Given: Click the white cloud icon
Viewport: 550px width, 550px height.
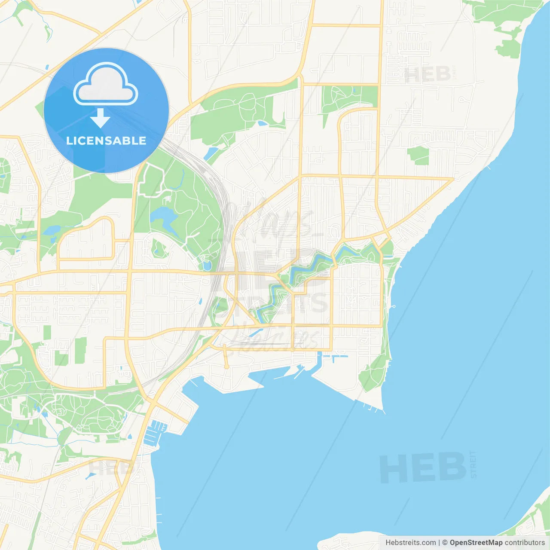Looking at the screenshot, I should point(105,85).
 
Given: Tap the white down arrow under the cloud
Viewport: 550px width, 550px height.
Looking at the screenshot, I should point(101,118).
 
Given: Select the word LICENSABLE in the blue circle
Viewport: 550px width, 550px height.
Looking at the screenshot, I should point(106,141).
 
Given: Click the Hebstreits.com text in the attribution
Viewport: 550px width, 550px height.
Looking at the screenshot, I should point(410,543).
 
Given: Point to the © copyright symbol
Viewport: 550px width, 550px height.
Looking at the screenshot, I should point(445,543).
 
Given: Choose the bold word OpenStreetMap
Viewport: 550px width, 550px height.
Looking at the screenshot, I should point(476,543).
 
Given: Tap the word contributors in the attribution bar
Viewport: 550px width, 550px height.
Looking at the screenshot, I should point(524,543).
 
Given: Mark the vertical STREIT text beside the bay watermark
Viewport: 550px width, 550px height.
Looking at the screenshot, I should point(474,464).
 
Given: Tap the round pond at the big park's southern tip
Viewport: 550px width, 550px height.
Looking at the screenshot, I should point(207,266).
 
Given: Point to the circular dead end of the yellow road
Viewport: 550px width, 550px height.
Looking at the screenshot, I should point(226,367).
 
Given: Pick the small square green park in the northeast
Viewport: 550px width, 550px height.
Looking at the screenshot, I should point(418,155).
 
